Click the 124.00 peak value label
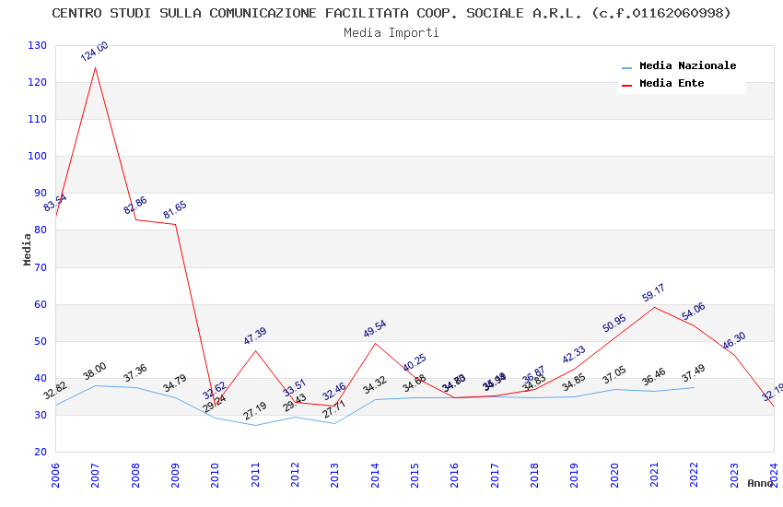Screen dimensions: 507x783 [x=94, y=52]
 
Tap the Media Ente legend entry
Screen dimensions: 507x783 [x=672, y=84]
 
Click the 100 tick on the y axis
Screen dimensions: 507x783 [x=37, y=157]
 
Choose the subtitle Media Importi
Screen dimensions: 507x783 [x=391, y=33]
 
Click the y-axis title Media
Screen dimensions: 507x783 [x=28, y=249]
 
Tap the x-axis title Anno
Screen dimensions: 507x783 [x=760, y=483]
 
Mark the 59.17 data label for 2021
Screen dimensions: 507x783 [x=653, y=293]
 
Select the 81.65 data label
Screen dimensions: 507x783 [x=175, y=210]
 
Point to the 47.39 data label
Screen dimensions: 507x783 [x=255, y=336]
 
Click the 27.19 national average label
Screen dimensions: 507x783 [x=255, y=411]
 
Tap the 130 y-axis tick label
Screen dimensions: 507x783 [x=37, y=46]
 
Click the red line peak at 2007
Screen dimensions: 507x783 [x=96, y=67]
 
